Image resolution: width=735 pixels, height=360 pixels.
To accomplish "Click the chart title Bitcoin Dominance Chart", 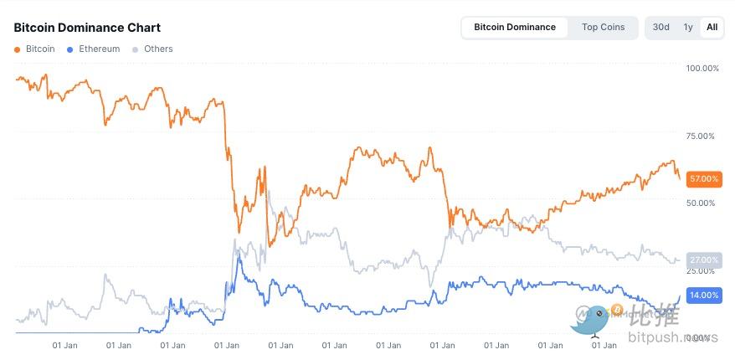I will coord(87,28).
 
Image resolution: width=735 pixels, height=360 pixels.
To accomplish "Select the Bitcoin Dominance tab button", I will coord(514,27).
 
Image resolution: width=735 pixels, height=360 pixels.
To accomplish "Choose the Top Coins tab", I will coord(603,27).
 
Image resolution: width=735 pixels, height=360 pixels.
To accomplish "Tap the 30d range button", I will coord(661,27).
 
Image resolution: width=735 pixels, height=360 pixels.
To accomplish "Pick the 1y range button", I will coord(688,27).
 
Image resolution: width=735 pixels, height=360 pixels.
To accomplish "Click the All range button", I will coord(712,27).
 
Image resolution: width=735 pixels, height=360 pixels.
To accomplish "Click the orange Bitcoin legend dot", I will coord(18,49).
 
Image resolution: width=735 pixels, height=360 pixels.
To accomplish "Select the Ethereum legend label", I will coord(99,49).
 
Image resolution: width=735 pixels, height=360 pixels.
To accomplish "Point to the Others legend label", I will coord(158,49).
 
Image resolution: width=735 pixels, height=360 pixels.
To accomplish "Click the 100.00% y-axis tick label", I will coord(702,68).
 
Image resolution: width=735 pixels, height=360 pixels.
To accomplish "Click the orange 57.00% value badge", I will coord(702,178).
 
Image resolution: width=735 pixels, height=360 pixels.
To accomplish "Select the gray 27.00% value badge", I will coord(702,260).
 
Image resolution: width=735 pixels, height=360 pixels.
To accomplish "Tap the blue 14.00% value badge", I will coord(702,295).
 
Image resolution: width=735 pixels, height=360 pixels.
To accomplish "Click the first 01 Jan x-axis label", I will coord(65,344).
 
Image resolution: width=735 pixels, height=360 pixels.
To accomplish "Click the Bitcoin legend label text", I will coord(40,49).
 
